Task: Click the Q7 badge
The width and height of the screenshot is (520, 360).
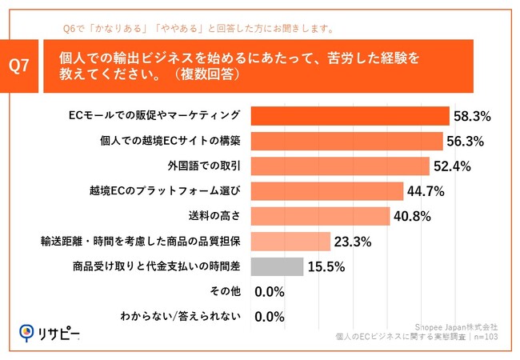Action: pyautogui.click(x=23, y=66)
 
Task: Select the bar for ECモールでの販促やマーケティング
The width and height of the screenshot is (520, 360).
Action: pyautogui.click(x=350, y=116)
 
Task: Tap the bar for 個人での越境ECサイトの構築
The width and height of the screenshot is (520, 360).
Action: pyautogui.click(x=347, y=141)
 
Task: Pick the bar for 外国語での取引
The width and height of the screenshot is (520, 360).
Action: pyautogui.click(x=340, y=166)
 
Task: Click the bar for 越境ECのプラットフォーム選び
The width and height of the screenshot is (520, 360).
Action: pyautogui.click(x=327, y=191)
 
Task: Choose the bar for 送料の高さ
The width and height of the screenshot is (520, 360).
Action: pyautogui.click(x=321, y=216)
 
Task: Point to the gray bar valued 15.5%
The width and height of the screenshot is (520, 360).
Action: pyautogui.click(x=278, y=266)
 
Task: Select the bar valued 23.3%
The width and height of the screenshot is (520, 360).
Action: pyautogui.click(x=291, y=242)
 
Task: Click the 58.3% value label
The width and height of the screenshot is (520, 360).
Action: pyautogui.click(x=472, y=117)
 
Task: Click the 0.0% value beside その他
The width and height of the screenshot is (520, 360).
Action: pyautogui.click(x=270, y=292)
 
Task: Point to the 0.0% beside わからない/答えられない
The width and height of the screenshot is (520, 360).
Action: pyautogui.click(x=270, y=317)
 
